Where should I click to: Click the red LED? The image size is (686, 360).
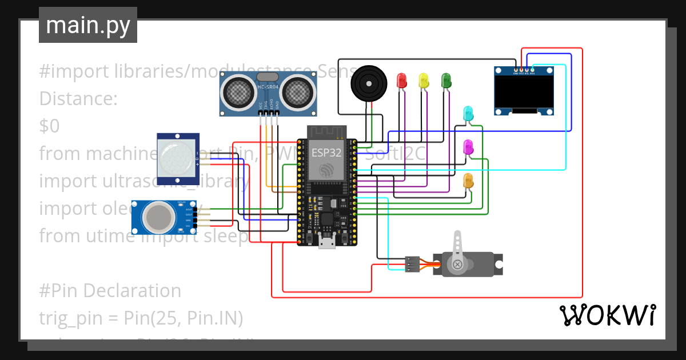402,80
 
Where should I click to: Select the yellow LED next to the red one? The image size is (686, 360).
424,80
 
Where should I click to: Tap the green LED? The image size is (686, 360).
446,80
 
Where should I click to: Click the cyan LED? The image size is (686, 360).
468,113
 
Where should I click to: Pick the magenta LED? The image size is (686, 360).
468,146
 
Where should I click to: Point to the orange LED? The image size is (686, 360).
468,181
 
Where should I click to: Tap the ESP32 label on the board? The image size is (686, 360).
326,152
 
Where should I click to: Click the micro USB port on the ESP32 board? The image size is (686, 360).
327,243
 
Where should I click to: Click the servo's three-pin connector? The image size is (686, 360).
412,263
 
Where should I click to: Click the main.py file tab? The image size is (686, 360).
88,26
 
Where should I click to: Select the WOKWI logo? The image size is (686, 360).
607,315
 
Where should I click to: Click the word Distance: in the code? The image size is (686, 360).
78,99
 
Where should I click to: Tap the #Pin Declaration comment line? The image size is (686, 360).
110,291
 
